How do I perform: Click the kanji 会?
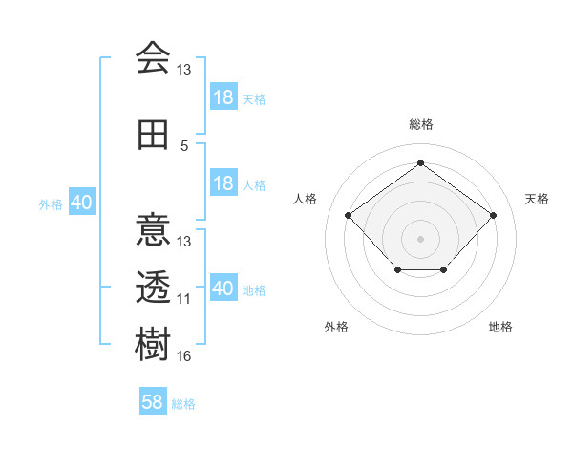pos(153,57)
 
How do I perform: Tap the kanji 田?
pos(153,136)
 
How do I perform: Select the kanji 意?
pos(153,229)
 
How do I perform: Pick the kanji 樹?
pos(153,343)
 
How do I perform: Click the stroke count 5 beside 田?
pos(184,146)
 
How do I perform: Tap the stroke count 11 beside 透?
pos(184,298)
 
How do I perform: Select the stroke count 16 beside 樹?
pos(184,355)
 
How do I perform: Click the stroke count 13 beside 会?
pos(184,70)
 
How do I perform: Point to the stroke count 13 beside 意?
pos(184,242)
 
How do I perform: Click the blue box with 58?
pos(153,403)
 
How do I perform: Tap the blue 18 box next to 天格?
pos(223,97)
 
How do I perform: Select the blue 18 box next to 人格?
pos(223,183)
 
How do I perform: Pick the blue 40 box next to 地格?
pos(223,289)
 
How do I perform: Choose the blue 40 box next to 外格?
pos(81,203)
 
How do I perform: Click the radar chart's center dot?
pos(420,238)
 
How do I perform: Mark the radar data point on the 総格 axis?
pos(420,162)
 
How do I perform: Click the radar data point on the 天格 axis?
pos(493,215)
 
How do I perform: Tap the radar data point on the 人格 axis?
pos(348,215)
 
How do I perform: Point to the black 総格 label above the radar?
pos(420,124)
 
